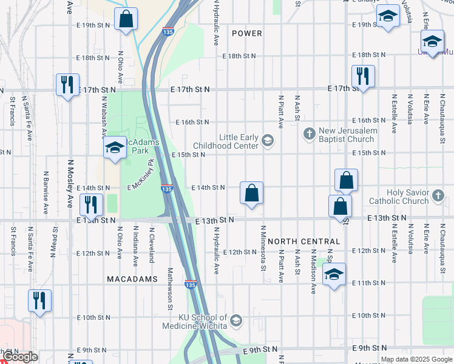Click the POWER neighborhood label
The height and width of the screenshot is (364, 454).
pyautogui.click(x=247, y=33)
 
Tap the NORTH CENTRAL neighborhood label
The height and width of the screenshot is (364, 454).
pyautogui.click(x=303, y=241)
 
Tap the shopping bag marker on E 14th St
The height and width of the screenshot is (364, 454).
pyautogui.click(x=251, y=194)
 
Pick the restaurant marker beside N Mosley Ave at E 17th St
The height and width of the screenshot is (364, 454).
pyautogui.click(x=67, y=84)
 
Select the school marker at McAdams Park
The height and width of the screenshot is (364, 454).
pyautogui.click(x=114, y=148)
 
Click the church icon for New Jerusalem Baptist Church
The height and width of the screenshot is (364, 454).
pyautogui.click(x=309, y=134)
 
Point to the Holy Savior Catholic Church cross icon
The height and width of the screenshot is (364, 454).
pyautogui.click(x=439, y=197)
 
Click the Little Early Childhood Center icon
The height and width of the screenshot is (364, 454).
pyautogui.click(x=268, y=141)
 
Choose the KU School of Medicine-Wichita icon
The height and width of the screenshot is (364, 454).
pyautogui.click(x=236, y=320)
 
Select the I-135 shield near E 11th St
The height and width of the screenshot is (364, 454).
pyautogui.click(x=189, y=283)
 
